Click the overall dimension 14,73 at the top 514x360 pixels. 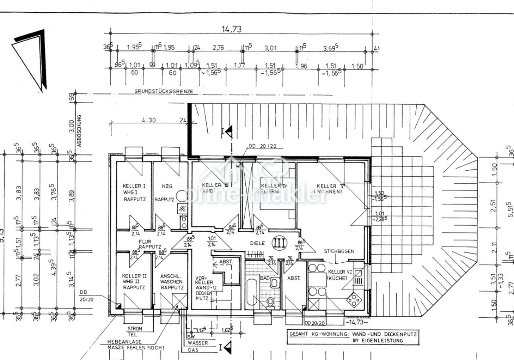click(x=232, y=29)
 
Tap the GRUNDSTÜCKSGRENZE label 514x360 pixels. click(x=164, y=91)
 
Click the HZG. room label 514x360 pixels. click(x=167, y=186)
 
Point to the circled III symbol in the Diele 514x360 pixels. click(x=279, y=243)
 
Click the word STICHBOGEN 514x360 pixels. click(x=339, y=251)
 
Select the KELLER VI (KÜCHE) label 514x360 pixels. click(x=339, y=274)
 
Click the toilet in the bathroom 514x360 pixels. click(x=270, y=301)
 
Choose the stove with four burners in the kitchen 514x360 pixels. click(x=353, y=299)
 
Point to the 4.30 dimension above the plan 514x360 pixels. click(x=149, y=120)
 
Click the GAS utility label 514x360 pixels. click(x=193, y=350)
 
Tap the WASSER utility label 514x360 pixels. click(x=198, y=343)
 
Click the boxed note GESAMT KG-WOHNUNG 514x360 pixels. click(x=353, y=336)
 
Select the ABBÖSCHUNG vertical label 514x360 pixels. click(x=79, y=130)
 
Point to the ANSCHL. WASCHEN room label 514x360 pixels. click(x=172, y=282)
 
